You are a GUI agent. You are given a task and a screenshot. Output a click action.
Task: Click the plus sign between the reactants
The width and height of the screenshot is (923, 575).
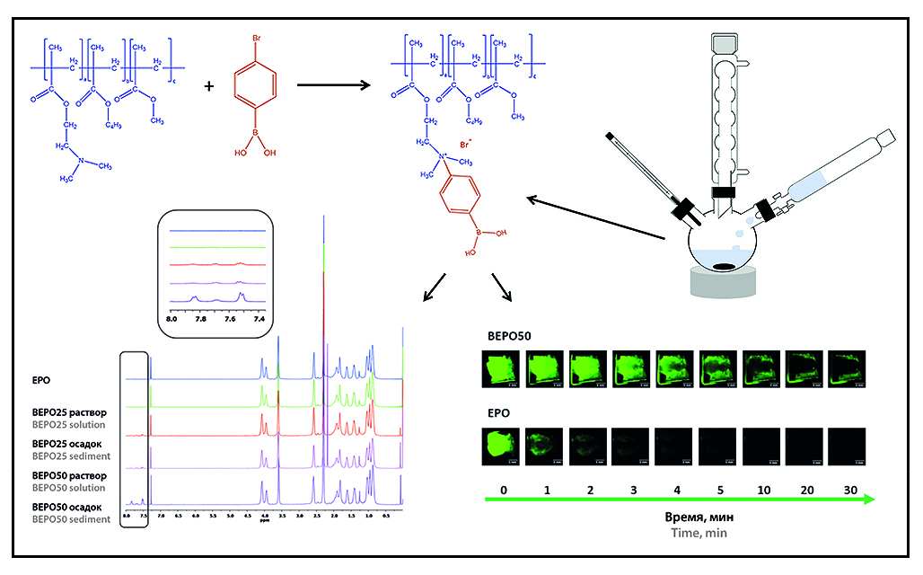[x=209, y=86]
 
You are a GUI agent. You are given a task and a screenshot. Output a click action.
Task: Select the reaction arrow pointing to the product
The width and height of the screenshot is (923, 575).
[x=333, y=86]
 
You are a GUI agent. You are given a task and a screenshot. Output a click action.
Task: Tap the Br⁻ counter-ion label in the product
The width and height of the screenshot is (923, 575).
[x=466, y=143]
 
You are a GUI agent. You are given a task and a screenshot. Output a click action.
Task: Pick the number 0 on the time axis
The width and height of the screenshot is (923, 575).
[x=505, y=492]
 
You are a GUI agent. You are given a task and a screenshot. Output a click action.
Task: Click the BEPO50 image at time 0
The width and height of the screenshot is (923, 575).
[x=505, y=368]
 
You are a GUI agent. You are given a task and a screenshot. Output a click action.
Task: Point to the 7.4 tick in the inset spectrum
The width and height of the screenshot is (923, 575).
[x=260, y=317]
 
